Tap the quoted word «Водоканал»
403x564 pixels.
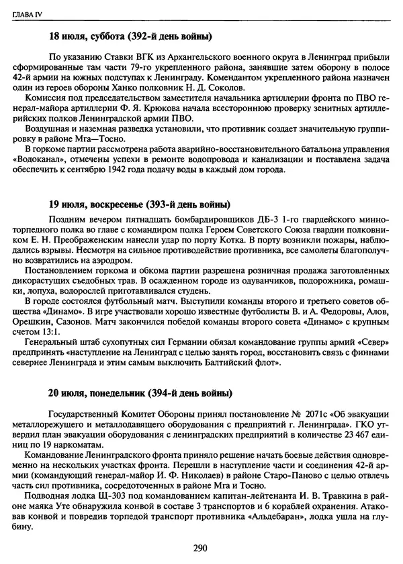coord(48,159)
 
